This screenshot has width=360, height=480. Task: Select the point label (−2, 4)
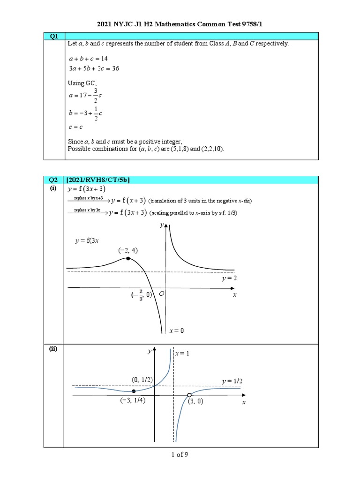[128, 251]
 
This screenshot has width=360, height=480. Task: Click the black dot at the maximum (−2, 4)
[128, 258]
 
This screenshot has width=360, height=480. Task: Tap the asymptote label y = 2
[229, 278]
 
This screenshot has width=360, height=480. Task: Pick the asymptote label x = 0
[177, 330]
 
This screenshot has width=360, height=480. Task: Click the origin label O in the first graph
[161, 293]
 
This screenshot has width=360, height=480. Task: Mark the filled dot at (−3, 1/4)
[134, 391]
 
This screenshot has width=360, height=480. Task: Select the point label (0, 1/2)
[142, 379]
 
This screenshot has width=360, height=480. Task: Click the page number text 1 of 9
[180, 454]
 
